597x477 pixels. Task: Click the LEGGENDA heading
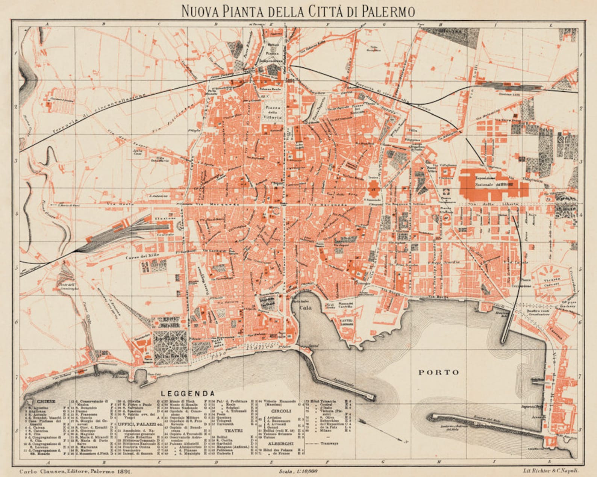click(188, 394)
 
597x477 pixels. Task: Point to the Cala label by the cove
click(305, 307)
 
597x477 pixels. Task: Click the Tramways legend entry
click(329, 443)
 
